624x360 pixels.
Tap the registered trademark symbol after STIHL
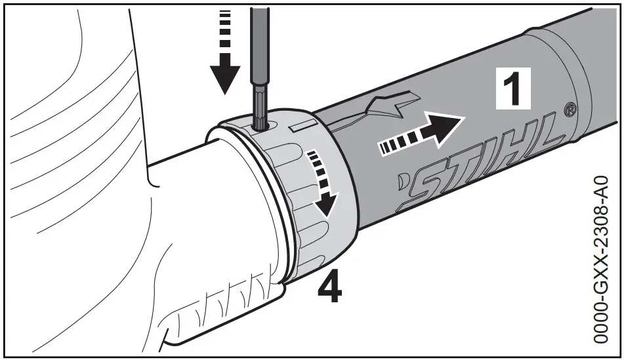(x=570, y=108)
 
